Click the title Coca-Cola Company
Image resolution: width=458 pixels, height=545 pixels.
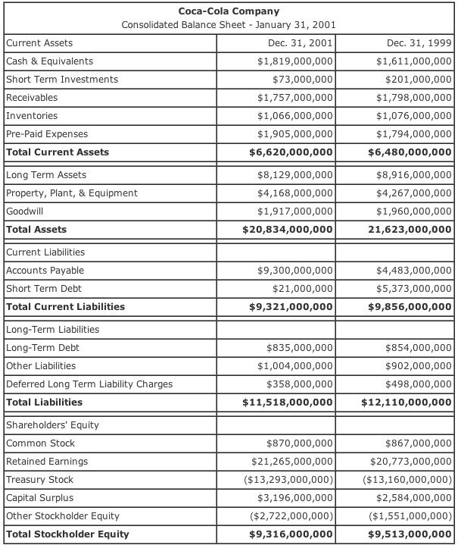click(229, 11)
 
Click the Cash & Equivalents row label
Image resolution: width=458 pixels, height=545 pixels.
click(50, 61)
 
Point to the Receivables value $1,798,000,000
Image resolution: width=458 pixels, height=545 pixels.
click(409, 98)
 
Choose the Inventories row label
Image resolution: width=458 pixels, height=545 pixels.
click(32, 116)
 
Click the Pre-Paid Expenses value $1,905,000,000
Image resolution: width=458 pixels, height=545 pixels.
click(295, 134)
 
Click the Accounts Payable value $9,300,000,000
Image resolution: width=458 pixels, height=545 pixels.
click(295, 271)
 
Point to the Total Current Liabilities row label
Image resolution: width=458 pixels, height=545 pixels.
click(65, 307)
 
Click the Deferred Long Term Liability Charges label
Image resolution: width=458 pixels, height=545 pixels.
click(89, 384)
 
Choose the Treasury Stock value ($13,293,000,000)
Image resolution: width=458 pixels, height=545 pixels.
click(290, 480)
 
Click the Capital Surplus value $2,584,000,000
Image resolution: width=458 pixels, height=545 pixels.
click(409, 498)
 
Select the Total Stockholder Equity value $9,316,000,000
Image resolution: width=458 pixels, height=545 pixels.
click(291, 534)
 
